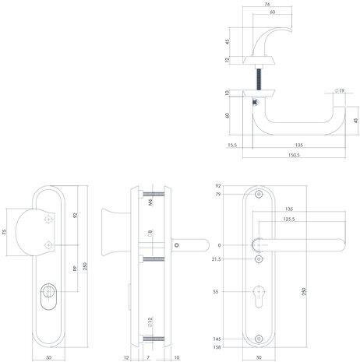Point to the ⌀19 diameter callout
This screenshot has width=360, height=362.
[340, 92]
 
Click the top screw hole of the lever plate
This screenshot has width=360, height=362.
[259, 195]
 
